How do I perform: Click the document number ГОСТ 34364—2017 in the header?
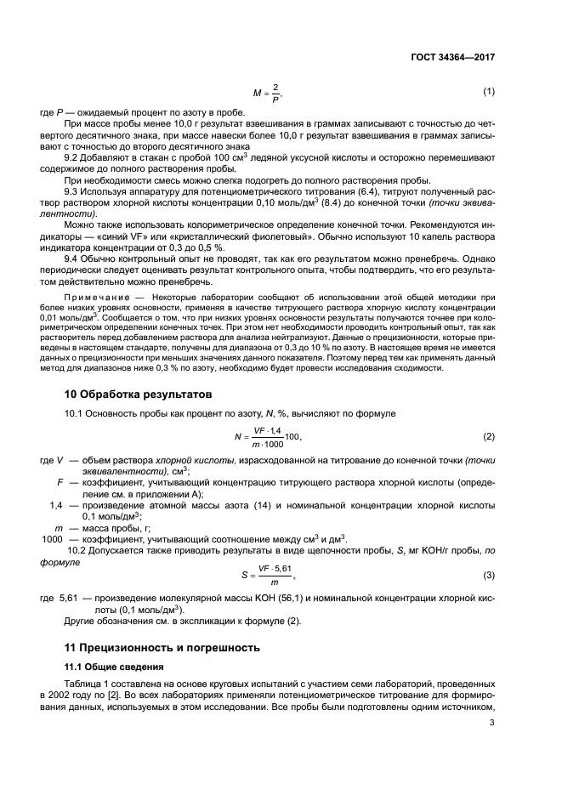448,57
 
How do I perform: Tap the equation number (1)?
489,91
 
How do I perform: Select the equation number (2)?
489,437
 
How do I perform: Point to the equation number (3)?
489,576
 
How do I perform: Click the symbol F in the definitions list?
61,483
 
